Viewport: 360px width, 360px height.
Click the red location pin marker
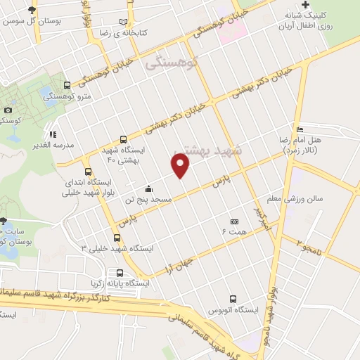pos(181,167)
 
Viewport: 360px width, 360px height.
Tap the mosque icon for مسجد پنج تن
pos(148,188)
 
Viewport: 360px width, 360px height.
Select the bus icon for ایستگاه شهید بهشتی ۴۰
pos(124,139)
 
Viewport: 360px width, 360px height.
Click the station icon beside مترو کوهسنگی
pos(67,85)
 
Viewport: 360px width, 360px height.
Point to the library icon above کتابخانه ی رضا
pos(125,22)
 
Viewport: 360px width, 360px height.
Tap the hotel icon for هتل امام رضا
pos(300,129)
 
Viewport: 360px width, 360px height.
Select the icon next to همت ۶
pos(234,221)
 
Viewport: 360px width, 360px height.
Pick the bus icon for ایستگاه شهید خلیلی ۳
pos(117,237)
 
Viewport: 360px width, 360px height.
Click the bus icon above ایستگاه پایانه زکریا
pos(119,273)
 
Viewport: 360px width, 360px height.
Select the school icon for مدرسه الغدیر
pos(51,134)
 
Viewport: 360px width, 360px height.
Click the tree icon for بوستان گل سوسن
pos(31,11)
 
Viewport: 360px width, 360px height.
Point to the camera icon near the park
pos(8,110)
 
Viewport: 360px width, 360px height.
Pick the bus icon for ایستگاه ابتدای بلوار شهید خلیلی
pos(88,171)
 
